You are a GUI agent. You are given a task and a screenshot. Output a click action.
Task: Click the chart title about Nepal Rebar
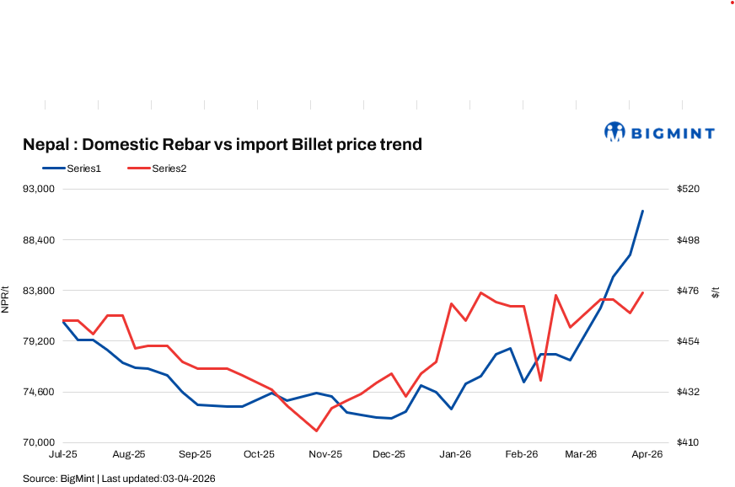point(222,145)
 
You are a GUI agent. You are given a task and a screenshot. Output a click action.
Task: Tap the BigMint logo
point(659,132)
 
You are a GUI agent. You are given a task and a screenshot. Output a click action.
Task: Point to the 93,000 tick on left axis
point(37,190)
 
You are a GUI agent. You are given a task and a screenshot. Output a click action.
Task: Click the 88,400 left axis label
point(37,240)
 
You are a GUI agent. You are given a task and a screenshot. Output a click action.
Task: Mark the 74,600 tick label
point(37,392)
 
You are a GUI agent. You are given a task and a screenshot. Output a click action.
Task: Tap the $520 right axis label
point(688,190)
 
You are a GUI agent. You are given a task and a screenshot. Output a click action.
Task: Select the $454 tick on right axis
point(688,341)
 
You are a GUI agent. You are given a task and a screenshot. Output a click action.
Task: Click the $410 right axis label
point(688,442)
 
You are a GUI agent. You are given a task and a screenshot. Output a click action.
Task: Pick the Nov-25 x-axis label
point(325,454)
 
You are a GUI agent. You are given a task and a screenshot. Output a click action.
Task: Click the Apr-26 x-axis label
point(647,454)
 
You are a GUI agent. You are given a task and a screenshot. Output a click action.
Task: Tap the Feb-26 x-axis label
point(521,454)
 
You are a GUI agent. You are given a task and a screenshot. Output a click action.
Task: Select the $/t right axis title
point(716,292)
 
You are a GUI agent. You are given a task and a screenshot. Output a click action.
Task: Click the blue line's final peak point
point(643,211)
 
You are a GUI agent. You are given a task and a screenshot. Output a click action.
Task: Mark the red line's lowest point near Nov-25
point(316,431)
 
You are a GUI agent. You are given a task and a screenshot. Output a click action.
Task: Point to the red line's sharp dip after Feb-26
point(540,381)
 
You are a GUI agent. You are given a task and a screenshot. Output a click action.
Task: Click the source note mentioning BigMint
point(119,479)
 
